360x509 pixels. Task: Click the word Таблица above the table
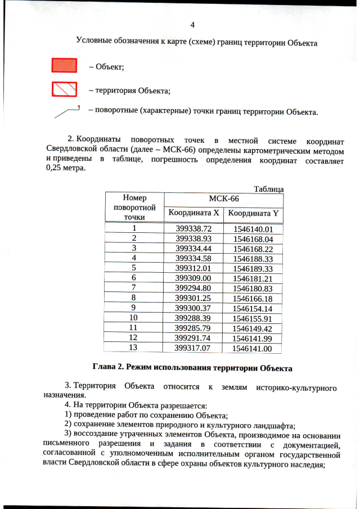point(268,189)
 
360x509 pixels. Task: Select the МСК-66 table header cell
point(223,199)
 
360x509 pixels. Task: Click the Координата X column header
point(193,213)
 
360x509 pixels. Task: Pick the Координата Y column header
point(253,213)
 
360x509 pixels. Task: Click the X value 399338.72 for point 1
point(193,229)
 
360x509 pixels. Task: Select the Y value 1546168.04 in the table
point(253,238)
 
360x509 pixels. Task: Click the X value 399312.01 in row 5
point(193,268)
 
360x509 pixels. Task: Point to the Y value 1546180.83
point(253,287)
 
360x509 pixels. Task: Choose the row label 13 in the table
point(134,348)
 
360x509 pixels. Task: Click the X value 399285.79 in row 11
point(193,327)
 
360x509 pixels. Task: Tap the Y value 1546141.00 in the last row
point(253,348)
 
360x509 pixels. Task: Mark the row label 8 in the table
point(134,298)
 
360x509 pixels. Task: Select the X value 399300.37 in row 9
point(193,308)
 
